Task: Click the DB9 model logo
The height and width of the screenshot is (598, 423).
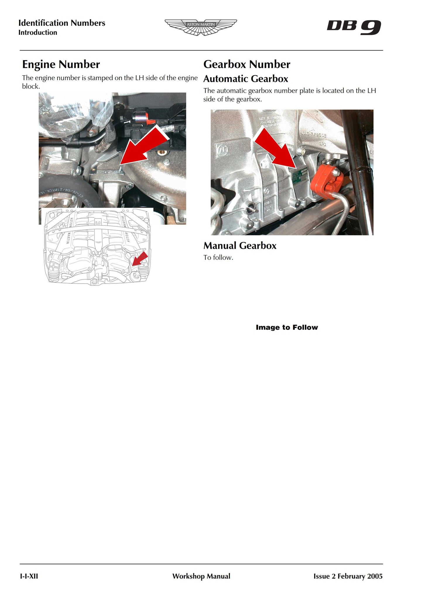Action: click(x=354, y=27)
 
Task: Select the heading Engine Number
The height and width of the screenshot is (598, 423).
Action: click(x=61, y=64)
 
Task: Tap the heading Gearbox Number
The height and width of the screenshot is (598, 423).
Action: click(x=246, y=64)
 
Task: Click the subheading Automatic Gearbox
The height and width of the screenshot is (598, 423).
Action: click(x=246, y=79)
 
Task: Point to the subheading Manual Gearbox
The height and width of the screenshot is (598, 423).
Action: click(x=240, y=246)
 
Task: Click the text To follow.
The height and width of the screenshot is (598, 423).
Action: click(x=218, y=258)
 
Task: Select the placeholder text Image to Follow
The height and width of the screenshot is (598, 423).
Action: click(x=287, y=327)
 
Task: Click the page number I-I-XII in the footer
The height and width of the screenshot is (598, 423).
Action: click(x=29, y=576)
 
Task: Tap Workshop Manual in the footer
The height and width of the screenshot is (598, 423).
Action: click(x=201, y=576)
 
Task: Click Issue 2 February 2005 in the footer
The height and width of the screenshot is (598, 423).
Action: click(x=348, y=576)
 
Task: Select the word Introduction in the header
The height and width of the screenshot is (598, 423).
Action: click(x=38, y=32)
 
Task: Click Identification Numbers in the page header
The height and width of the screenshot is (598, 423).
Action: click(x=61, y=23)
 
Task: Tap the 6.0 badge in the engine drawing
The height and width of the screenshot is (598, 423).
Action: click(x=97, y=223)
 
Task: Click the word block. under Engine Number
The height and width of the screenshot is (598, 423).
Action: click(x=31, y=87)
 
